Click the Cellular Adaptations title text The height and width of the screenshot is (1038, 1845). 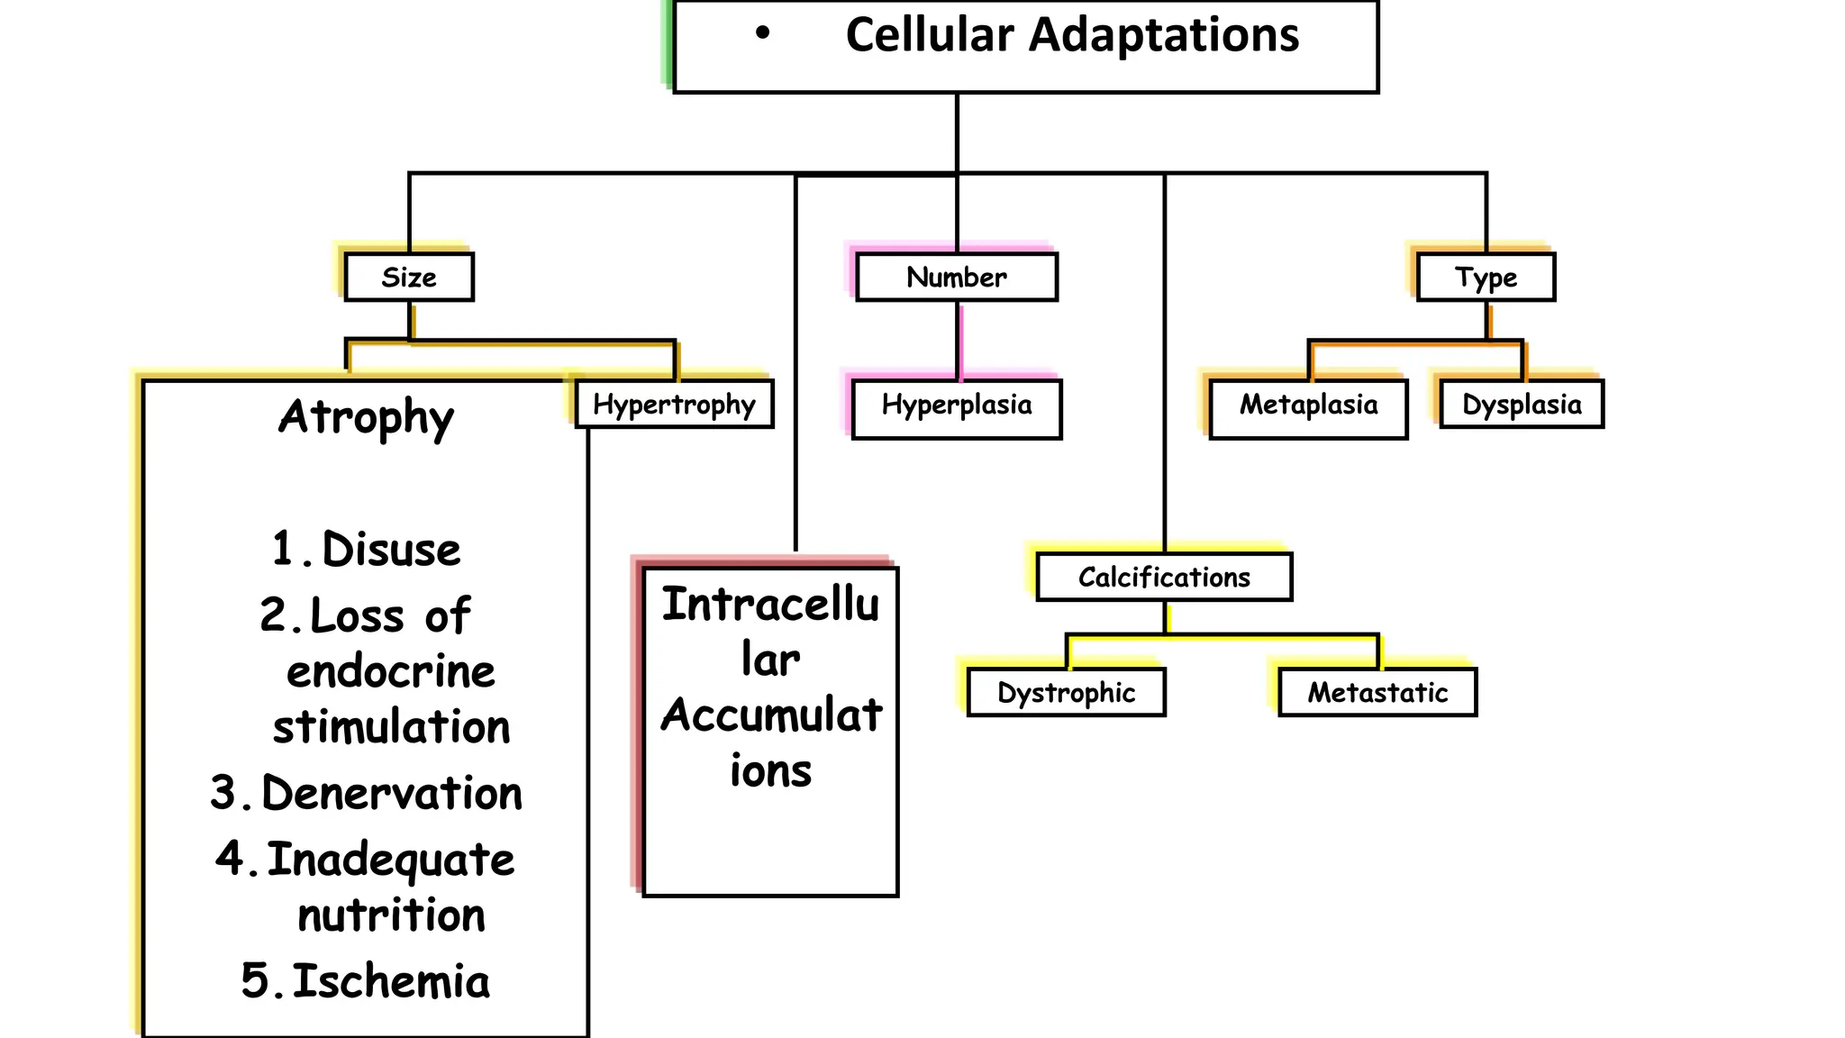(1072, 36)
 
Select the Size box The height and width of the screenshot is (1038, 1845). (409, 278)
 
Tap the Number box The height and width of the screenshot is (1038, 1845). (956, 278)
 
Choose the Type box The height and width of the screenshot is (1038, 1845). (1486, 278)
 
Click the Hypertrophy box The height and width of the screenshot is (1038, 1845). (674, 405)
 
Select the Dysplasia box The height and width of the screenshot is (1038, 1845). (1522, 405)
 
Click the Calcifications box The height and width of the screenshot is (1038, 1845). (1164, 577)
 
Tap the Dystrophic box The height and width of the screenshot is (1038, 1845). (1066, 692)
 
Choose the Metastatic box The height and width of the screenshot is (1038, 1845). (1377, 692)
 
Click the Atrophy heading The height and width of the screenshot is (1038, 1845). (366, 417)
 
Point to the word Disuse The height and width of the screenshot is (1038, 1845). (391, 550)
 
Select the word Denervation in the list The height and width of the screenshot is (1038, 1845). (392, 794)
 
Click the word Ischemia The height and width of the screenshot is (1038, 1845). (391, 981)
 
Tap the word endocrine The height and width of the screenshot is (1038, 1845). (391, 672)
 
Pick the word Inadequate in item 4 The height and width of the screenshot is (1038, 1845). (391, 860)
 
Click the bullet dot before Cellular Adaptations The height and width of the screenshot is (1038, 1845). (763, 34)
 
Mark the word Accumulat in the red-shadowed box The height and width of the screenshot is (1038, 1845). (771, 716)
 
